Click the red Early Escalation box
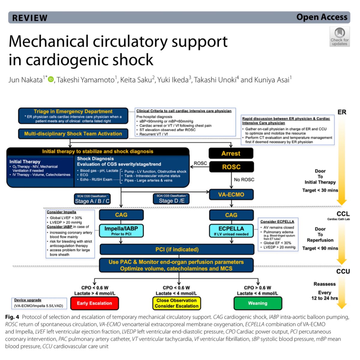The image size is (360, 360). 94,303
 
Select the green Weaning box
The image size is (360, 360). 258,303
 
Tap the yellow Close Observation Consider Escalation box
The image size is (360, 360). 177,303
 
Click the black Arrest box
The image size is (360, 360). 231,153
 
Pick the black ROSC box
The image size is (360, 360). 231,167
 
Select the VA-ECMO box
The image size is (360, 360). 231,194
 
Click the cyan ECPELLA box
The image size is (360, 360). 231,230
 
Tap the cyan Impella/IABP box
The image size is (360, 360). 121,230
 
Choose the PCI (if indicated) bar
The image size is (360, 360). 177,249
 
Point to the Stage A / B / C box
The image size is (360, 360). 92,199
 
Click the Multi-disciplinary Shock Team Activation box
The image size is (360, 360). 73,133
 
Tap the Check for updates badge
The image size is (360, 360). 340,37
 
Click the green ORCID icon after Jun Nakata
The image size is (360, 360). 51,79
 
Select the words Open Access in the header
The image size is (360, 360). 322,17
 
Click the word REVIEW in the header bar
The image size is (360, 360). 30,18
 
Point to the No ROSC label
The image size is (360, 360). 244,179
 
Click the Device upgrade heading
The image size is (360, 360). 28,300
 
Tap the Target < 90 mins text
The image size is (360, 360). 320,248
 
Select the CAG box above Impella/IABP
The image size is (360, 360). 121,215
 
